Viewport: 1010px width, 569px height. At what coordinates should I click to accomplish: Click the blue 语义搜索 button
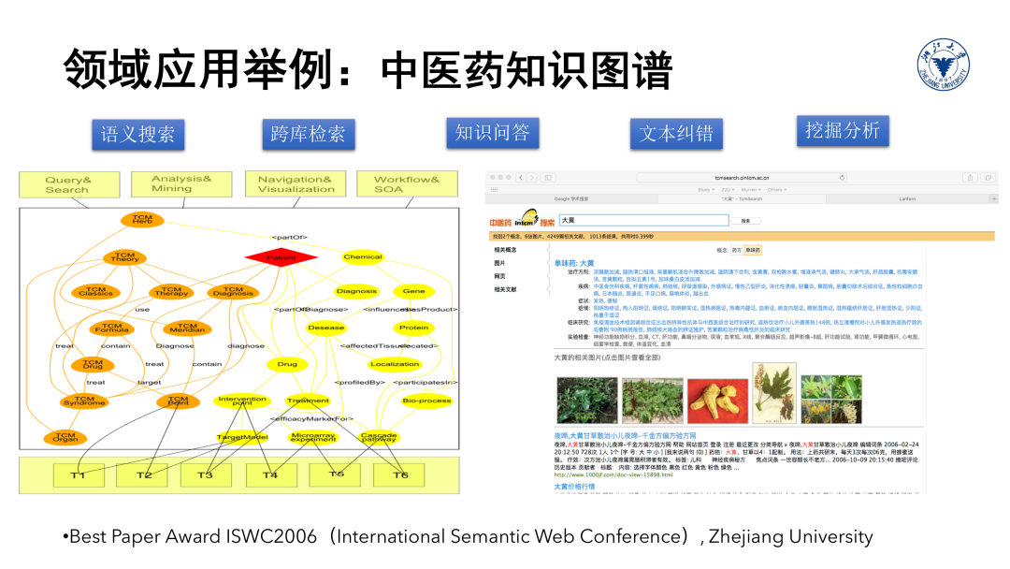click(x=137, y=135)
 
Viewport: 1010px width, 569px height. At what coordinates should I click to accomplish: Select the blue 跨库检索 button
click(x=308, y=135)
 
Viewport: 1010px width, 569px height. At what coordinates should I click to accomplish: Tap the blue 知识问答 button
click(x=492, y=133)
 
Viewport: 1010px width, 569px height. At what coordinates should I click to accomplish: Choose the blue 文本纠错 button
click(x=676, y=134)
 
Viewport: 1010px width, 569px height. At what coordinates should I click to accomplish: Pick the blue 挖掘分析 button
click(x=842, y=130)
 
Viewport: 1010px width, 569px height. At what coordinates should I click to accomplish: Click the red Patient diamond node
click(x=281, y=256)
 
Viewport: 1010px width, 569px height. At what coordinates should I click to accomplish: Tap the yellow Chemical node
click(x=363, y=256)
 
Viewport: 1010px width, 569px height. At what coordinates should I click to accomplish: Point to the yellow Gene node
click(x=413, y=291)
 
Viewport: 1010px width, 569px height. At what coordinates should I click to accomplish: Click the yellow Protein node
click(x=413, y=328)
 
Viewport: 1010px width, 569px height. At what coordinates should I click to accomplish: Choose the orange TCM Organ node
click(x=65, y=437)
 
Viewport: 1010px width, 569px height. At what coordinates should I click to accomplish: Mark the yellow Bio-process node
click(x=426, y=401)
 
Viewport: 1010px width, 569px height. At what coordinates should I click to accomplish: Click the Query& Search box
click(x=68, y=185)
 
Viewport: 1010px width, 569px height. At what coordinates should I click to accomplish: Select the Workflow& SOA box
click(x=407, y=184)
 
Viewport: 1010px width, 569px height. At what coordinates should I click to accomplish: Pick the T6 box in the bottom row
click(x=399, y=474)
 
